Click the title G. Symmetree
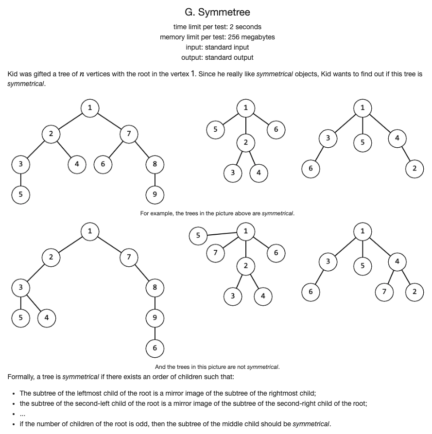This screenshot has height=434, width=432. pos(217,12)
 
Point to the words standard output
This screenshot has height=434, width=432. pos(229,57)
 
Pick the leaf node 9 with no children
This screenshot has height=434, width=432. pos(155,195)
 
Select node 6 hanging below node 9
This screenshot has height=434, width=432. pos(155,348)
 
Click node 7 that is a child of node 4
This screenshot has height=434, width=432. pos(384,292)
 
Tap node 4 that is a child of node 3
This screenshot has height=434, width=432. pos(47,318)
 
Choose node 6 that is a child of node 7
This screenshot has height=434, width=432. pos(103,164)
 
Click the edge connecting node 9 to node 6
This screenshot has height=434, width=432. pos(155,333)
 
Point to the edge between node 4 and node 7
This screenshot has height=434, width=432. pos(391,277)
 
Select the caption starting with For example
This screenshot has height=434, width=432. pos(217,213)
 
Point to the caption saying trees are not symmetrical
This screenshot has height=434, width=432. pos(217,367)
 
